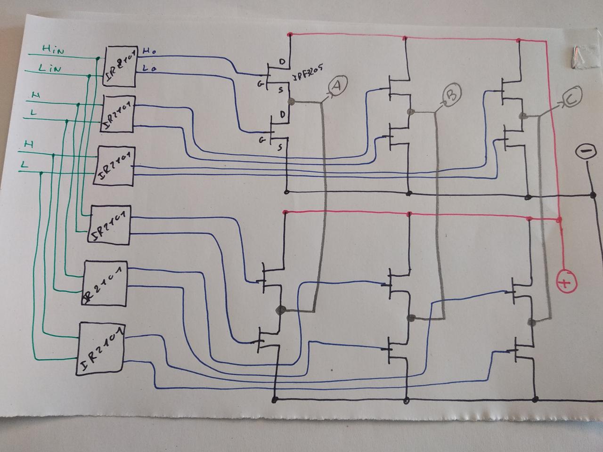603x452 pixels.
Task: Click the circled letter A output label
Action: tap(336, 86)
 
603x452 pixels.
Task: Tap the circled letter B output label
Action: tap(450, 96)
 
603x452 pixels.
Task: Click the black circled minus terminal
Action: tap(586, 152)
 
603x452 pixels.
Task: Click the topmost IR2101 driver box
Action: tap(120, 66)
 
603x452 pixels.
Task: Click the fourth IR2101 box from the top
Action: tap(109, 225)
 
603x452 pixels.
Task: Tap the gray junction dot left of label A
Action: tap(291, 101)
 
